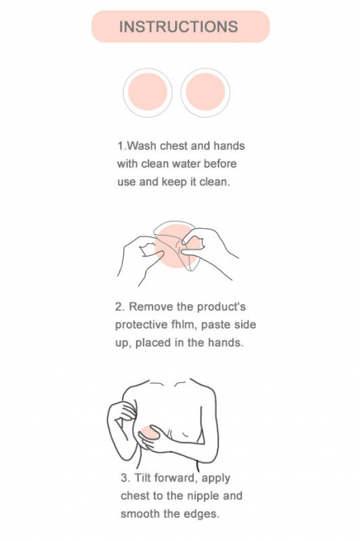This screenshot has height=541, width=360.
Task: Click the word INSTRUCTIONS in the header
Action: pyautogui.click(x=178, y=27)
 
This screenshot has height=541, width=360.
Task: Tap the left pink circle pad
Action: pyautogui.click(x=148, y=92)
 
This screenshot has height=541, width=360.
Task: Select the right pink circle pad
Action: pyautogui.click(x=205, y=92)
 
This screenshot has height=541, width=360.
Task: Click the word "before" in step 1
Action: pyautogui.click(x=220, y=164)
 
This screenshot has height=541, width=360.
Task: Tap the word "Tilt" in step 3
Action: pyautogui.click(x=142, y=478)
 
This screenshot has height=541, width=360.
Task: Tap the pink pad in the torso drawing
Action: pyautogui.click(x=149, y=432)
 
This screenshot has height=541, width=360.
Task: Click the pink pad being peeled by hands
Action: pyautogui.click(x=176, y=246)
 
